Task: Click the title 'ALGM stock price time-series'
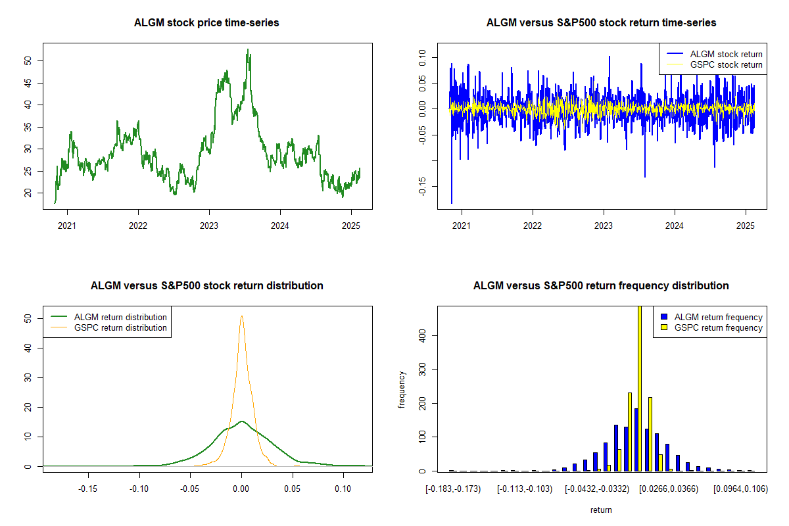click(x=206, y=23)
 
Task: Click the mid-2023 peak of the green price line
click(x=248, y=50)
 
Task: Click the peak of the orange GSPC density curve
click(x=242, y=316)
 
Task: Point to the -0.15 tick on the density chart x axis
click(x=88, y=489)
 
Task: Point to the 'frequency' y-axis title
click(x=402, y=389)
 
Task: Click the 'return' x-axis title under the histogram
click(x=601, y=510)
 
